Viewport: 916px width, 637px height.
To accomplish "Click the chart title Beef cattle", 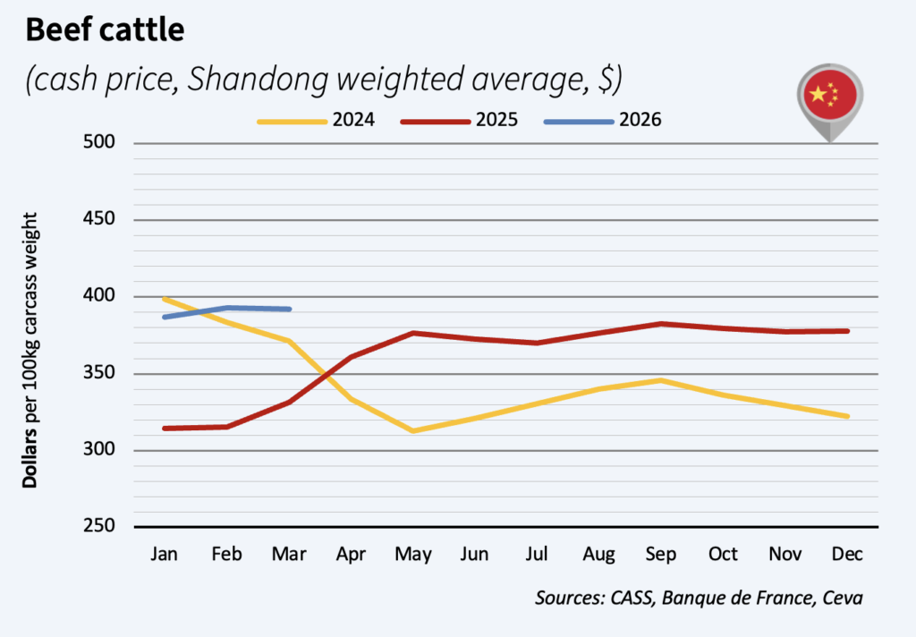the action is click(106, 30).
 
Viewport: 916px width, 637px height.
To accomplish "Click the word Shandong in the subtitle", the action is click(258, 79).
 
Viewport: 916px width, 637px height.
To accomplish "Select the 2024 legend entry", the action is click(316, 120).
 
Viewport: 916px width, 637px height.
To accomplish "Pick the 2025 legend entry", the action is click(459, 120).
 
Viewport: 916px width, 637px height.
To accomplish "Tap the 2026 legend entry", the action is click(602, 120).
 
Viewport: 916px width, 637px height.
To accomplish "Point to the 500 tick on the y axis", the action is click(99, 142).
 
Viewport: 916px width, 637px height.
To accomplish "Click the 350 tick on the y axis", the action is click(99, 373).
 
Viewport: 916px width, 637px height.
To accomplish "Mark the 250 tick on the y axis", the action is click(99, 526).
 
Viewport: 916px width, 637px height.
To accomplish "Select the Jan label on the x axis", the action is click(165, 554).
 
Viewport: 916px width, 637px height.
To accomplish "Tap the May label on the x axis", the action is click(413, 554).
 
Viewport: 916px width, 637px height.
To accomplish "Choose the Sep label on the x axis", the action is click(661, 554).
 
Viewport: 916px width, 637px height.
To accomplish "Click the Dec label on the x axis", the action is click(847, 554).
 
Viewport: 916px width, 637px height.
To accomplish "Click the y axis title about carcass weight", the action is click(30, 350).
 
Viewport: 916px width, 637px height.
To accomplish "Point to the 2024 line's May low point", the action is click(413, 430).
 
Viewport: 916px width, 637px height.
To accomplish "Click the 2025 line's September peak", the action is click(661, 323).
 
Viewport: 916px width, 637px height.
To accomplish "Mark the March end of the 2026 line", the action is click(289, 310).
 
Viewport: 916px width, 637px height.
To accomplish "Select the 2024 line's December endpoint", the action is click(847, 416).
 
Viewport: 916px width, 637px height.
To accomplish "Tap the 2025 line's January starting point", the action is click(165, 429).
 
